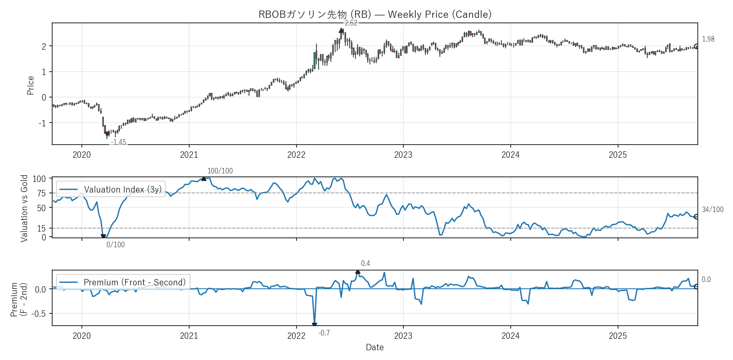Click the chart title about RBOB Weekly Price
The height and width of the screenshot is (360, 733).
click(x=375, y=14)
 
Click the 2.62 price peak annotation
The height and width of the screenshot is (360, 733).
click(x=351, y=23)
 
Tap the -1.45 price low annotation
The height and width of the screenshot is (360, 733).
click(x=118, y=142)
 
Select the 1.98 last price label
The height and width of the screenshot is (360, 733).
click(x=708, y=39)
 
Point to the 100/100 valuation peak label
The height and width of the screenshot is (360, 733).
click(x=220, y=171)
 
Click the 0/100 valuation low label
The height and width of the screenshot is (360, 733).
click(x=115, y=245)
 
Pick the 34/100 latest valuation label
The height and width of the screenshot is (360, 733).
click(x=713, y=209)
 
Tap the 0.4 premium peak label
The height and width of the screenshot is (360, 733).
click(x=365, y=263)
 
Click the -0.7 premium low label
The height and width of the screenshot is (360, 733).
click(x=324, y=333)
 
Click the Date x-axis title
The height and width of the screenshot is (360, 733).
click(x=375, y=347)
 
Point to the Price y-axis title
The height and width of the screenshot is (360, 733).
click(x=31, y=85)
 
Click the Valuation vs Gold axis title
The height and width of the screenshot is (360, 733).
click(x=24, y=208)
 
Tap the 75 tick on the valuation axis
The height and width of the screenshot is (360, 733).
click(x=41, y=193)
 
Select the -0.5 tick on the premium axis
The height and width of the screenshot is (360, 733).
click(x=40, y=314)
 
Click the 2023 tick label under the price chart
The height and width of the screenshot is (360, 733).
click(x=403, y=155)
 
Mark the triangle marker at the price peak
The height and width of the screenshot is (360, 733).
click(x=341, y=31)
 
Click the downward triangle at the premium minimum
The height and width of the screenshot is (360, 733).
click(x=314, y=325)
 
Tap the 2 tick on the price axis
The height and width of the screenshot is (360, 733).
click(x=44, y=46)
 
